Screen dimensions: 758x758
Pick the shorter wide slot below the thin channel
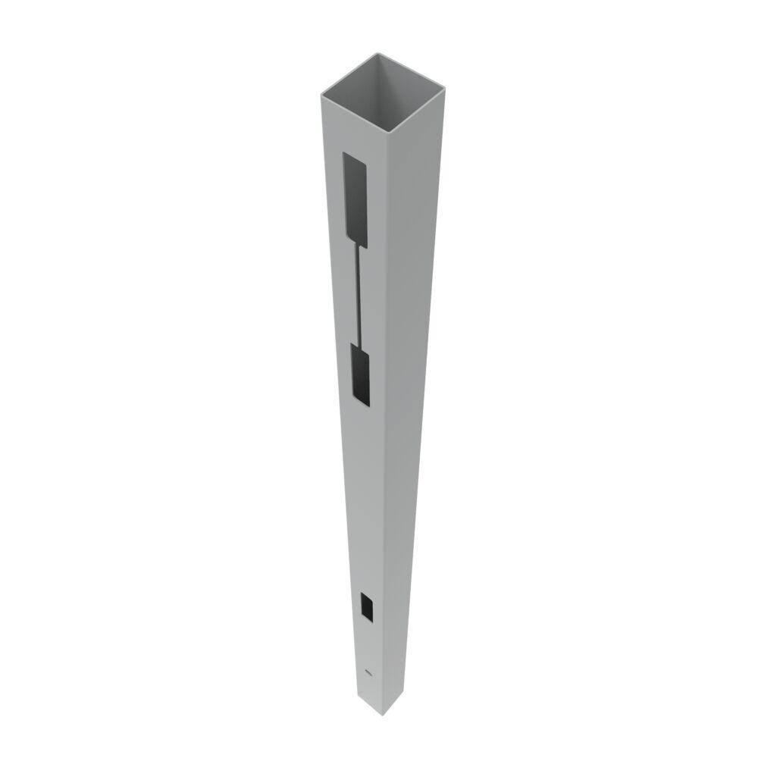(362, 371)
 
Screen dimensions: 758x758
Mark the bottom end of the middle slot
(363, 400)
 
